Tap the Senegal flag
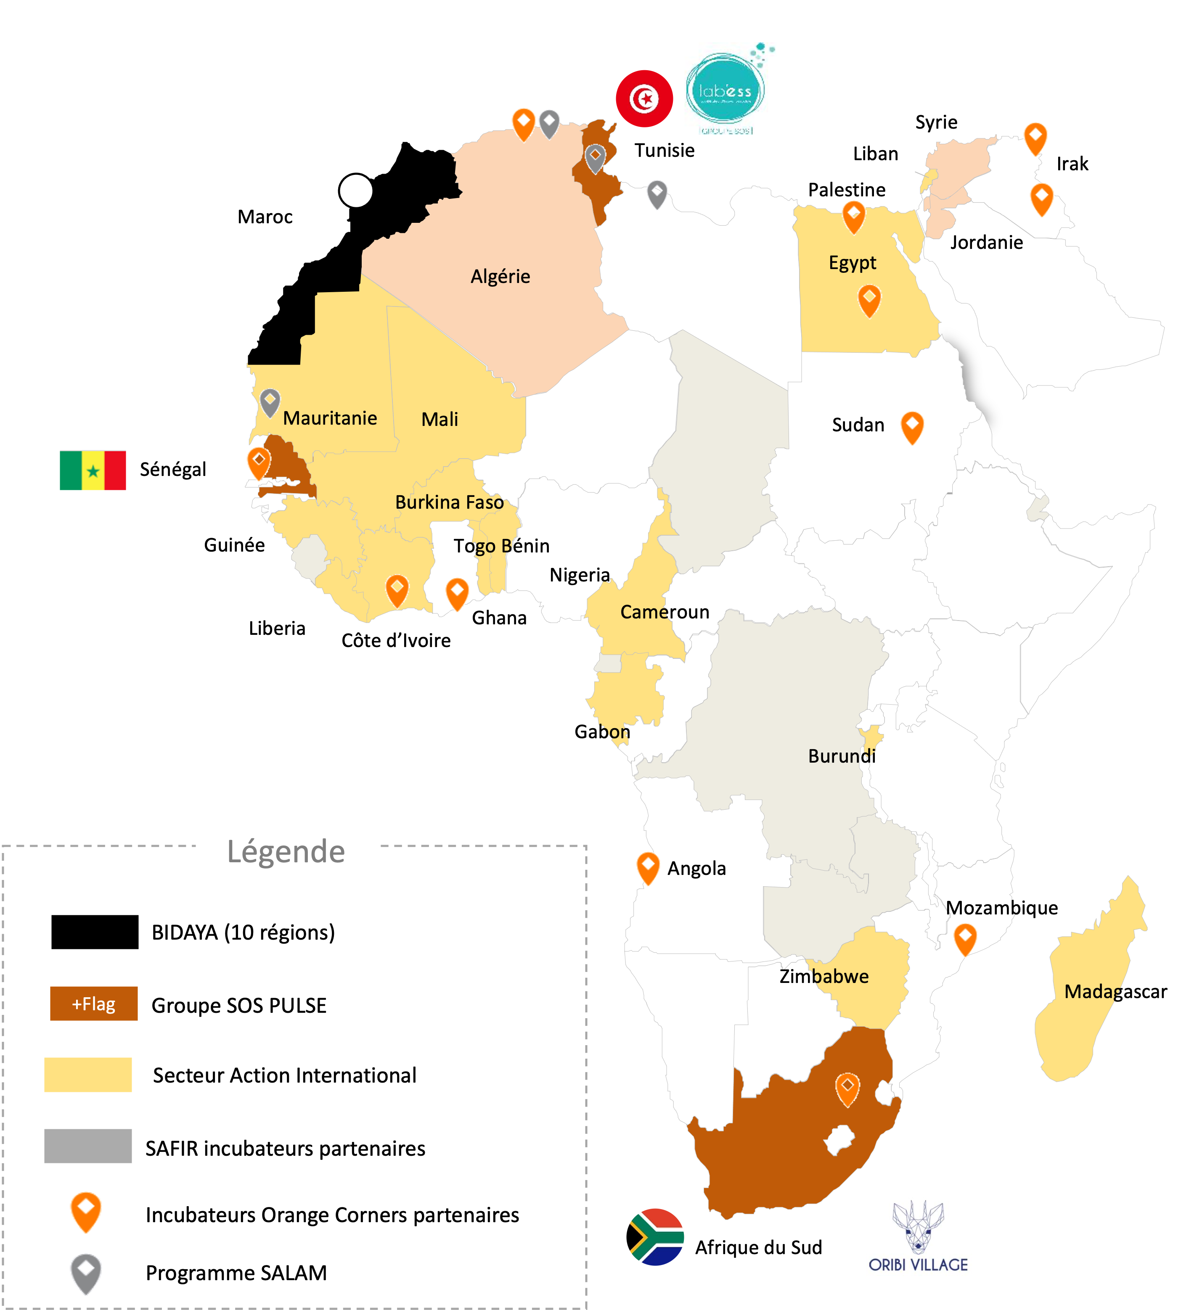[93, 470]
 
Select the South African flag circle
[657, 1236]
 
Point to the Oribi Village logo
[918, 1236]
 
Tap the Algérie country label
[500, 277]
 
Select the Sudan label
[858, 425]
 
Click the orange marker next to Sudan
[912, 426]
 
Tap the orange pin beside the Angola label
[647, 867]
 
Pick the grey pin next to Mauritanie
[270, 402]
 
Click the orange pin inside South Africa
[847, 1089]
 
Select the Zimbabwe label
[824, 976]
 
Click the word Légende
[286, 851]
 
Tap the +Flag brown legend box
[94, 1004]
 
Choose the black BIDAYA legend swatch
[95, 932]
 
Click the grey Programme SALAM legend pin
[86, 1272]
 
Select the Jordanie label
[986, 243]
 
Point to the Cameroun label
[665, 612]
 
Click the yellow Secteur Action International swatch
[88, 1075]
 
